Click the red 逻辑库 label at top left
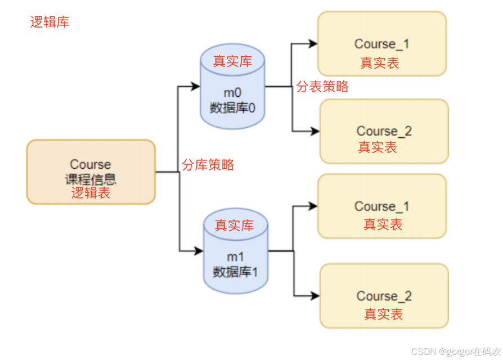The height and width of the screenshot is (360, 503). (50, 22)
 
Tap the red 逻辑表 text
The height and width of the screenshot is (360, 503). (91, 193)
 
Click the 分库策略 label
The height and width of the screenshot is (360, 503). (208, 165)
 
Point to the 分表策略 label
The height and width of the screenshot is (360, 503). (322, 86)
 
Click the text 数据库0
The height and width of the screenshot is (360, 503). (232, 107)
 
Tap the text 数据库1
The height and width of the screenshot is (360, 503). (235, 272)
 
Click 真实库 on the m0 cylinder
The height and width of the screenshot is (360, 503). (232, 61)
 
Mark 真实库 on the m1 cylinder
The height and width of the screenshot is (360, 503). (235, 226)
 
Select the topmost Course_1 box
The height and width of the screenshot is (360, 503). (382, 44)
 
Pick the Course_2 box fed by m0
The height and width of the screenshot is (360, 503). (384, 131)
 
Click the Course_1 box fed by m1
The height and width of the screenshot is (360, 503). (382, 206)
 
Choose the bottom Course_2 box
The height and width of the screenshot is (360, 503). (384, 296)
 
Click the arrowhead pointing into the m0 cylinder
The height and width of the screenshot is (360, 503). (195, 87)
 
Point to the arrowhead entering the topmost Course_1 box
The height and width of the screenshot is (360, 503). (313, 43)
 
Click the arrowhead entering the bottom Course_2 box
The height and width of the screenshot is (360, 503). (315, 296)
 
